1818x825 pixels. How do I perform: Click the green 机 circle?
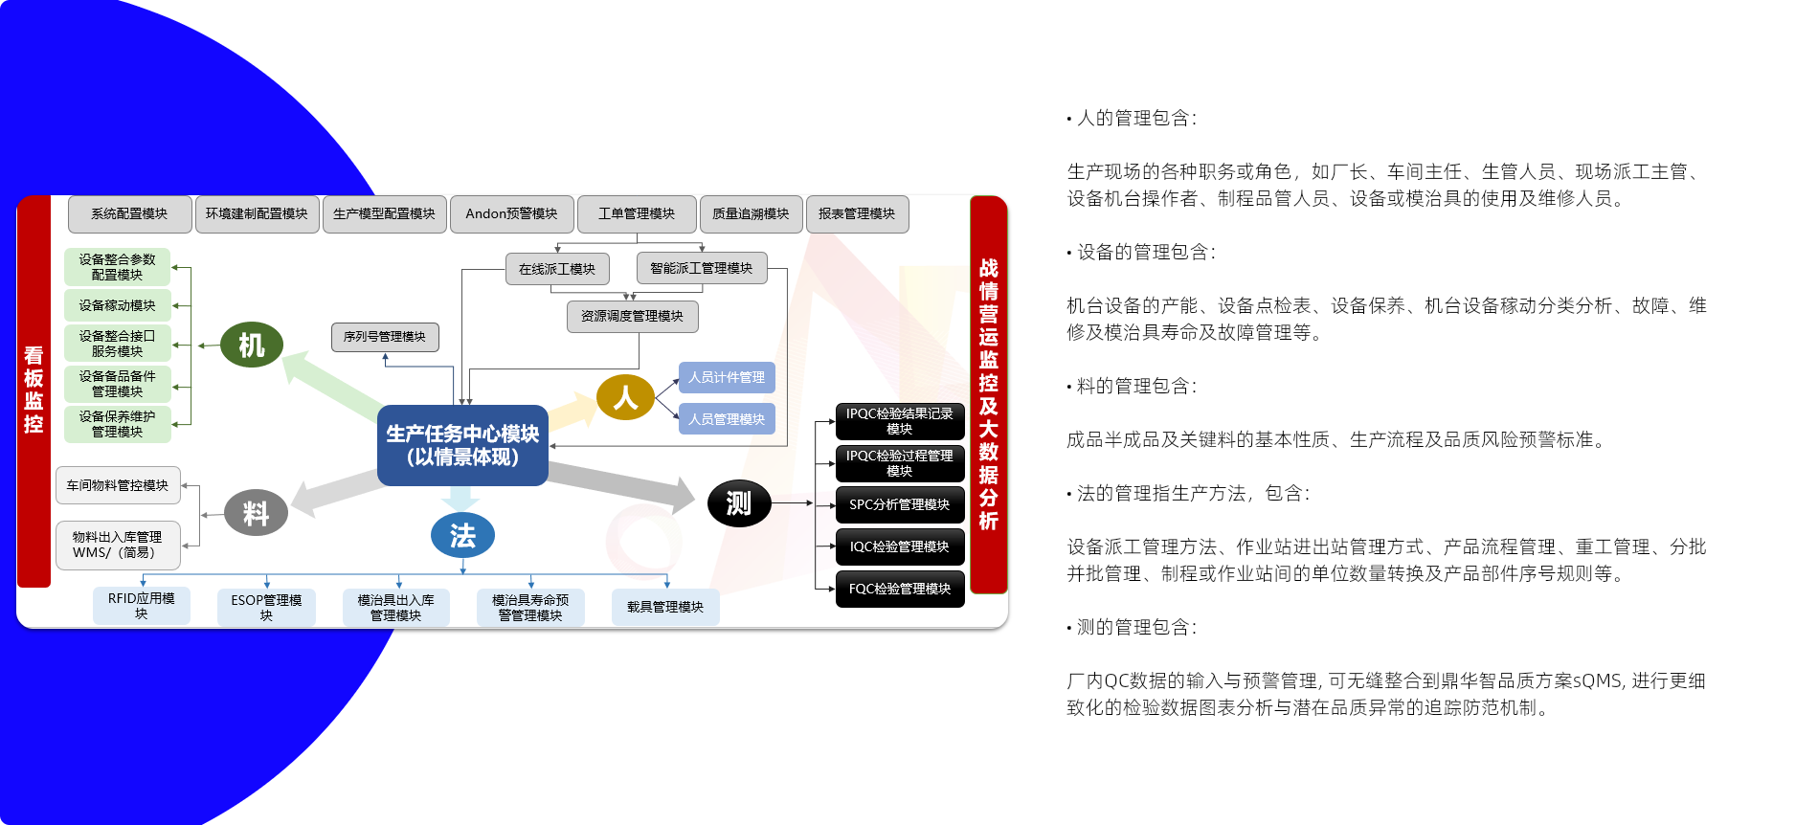pos(251,345)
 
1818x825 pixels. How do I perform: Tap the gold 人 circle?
pos(625,397)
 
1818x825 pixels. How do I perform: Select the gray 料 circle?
pos(256,513)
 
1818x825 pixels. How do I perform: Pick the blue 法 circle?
pos(462,535)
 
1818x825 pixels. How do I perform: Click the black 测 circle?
pos(739,503)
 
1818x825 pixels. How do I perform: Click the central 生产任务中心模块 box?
pos(462,445)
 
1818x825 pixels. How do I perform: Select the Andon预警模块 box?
pos(511,214)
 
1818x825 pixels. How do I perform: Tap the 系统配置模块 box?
pos(129,214)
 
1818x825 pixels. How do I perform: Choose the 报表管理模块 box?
pos(857,214)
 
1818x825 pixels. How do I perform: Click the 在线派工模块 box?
pos(557,269)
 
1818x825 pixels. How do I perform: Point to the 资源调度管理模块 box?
pos(632,316)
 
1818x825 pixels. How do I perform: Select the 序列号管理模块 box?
pos(385,337)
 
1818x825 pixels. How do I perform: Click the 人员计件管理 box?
pos(727,377)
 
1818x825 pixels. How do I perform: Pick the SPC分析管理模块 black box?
pos(900,504)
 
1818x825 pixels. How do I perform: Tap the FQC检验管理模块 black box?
pos(900,589)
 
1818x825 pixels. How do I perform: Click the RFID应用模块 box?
pos(142,606)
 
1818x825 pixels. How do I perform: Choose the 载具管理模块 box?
pos(665,607)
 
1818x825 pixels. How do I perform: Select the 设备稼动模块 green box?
pos(118,305)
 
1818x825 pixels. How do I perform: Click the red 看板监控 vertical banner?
pos(34,390)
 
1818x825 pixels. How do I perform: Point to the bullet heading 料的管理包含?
pos(1132,386)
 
